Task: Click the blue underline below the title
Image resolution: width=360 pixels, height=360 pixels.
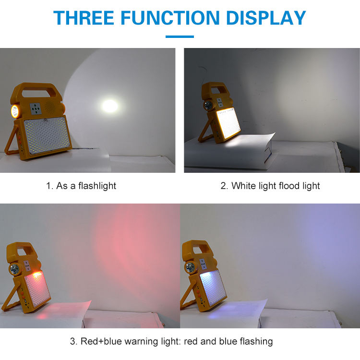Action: pyautogui.click(x=180, y=36)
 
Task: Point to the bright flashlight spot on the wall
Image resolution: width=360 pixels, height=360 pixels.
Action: pyautogui.click(x=110, y=106)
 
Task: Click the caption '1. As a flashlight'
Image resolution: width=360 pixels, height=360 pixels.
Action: pyautogui.click(x=81, y=186)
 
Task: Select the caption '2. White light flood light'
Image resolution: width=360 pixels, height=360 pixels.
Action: pyautogui.click(x=270, y=186)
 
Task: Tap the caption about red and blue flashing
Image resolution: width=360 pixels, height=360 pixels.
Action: pyautogui.click(x=171, y=341)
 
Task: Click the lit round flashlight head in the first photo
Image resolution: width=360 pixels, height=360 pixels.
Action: pyautogui.click(x=14, y=112)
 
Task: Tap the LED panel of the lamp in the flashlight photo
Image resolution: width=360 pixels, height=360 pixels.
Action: pyautogui.click(x=47, y=136)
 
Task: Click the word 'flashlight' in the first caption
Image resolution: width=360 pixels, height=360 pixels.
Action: pyautogui.click(x=96, y=186)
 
